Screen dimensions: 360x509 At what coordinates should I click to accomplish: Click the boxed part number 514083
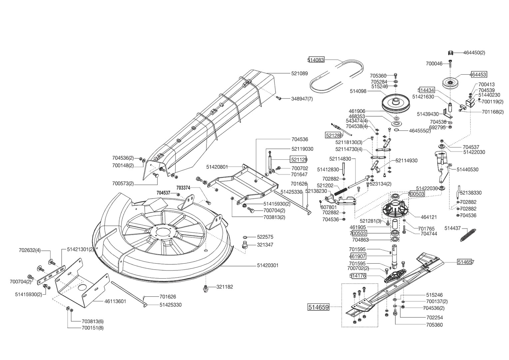[x=316, y=60]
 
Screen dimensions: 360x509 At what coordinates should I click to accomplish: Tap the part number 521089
[x=299, y=73]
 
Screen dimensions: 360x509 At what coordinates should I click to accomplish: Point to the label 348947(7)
[x=302, y=99]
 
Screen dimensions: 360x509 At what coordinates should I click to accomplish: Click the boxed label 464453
[x=478, y=75]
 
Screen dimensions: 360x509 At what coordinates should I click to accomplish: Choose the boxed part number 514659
[x=318, y=307]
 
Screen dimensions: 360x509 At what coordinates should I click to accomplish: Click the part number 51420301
[x=267, y=265]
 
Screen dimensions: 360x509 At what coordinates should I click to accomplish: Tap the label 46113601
[x=115, y=301]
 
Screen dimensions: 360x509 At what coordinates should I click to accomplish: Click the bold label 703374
[x=183, y=188]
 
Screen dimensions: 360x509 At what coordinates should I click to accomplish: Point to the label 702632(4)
[x=30, y=250]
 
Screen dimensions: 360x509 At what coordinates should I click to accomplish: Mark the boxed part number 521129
[x=298, y=160]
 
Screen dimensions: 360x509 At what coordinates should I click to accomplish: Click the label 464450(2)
[x=474, y=53]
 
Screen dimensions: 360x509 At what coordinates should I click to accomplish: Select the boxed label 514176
[x=358, y=276]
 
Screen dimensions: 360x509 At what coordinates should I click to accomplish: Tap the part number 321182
[x=225, y=287]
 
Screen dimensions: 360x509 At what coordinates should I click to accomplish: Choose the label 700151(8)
[x=92, y=328]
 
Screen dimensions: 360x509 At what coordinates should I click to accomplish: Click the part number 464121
[x=429, y=217]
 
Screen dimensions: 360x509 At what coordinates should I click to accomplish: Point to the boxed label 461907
[x=357, y=256]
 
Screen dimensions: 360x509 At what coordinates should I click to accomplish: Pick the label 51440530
[x=467, y=169]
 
